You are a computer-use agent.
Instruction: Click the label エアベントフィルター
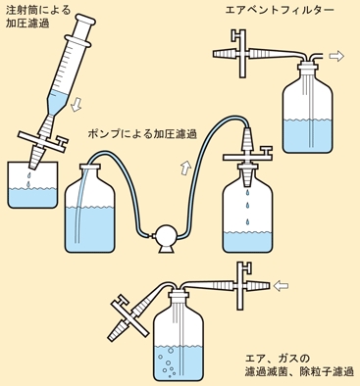pyautogui.click(x=280, y=10)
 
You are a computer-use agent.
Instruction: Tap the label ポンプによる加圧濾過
pyautogui.click(x=142, y=133)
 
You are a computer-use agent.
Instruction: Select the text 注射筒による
pyautogui.click(x=38, y=10)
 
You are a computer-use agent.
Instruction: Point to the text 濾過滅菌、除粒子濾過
pyautogui.click(x=299, y=371)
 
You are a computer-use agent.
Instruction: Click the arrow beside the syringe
pyautogui.click(x=77, y=104)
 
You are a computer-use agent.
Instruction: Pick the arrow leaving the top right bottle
pyautogui.click(x=336, y=56)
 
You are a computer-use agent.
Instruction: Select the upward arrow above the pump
pyautogui.click(x=185, y=168)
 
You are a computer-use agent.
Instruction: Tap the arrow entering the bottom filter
pyautogui.click(x=281, y=286)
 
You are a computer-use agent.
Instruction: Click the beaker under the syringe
pyautogui.click(x=32, y=185)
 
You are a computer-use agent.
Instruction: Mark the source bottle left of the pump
pyautogui.click(x=90, y=209)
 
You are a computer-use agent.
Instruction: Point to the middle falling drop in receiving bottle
pyautogui.click(x=247, y=206)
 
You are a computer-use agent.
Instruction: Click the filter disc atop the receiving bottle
pyautogui.click(x=247, y=157)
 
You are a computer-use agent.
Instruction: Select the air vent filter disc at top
pyautogui.click(x=242, y=54)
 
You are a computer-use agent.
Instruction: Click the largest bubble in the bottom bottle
pyautogui.click(x=170, y=351)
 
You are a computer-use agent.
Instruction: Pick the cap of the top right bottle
pyautogui.click(x=307, y=69)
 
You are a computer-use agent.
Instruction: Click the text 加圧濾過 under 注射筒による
pyautogui.click(x=27, y=24)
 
